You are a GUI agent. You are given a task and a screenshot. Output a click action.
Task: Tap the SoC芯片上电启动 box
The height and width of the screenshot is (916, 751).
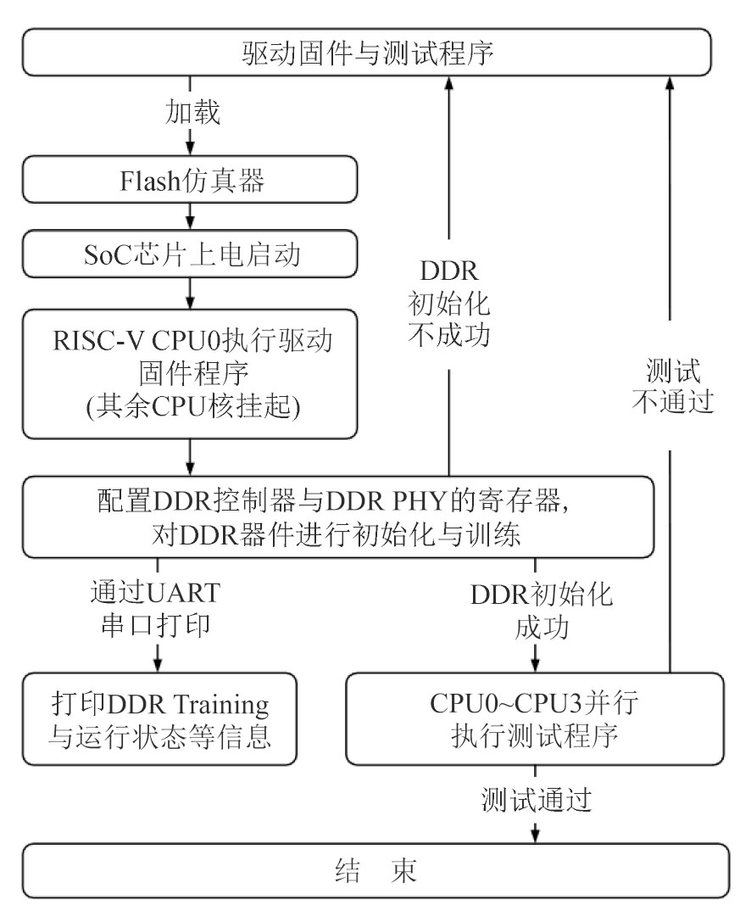190,254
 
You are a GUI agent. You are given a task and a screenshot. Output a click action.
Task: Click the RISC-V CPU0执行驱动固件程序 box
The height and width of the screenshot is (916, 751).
190,373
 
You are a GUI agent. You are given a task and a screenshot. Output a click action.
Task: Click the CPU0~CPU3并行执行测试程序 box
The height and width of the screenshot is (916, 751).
535,718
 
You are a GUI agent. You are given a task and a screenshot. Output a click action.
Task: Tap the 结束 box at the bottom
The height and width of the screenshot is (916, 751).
375,871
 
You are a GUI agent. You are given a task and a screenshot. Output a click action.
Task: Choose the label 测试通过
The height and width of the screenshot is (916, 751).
536,800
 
